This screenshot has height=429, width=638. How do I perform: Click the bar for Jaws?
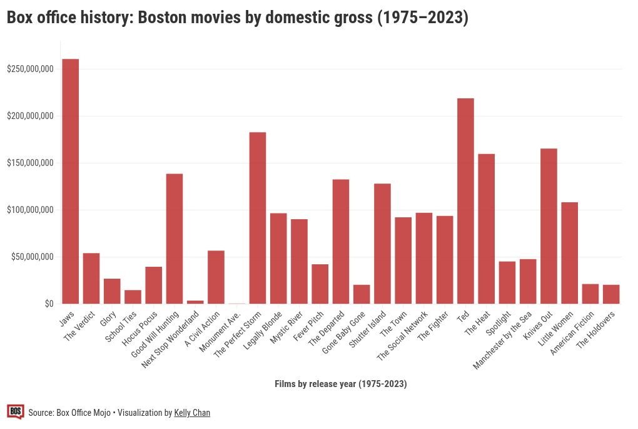pyautogui.click(x=70, y=182)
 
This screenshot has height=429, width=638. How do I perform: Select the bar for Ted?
pyautogui.click(x=465, y=201)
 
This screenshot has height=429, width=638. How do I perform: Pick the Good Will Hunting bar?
pyautogui.click(x=175, y=239)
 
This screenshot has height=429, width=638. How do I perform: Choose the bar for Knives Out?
pyautogui.click(x=549, y=226)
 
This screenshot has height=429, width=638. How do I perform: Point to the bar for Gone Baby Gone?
pyautogui.click(x=362, y=294)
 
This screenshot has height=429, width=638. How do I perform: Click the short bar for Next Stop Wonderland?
pyautogui.click(x=195, y=302)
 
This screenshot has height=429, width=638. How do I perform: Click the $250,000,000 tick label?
pyautogui.click(x=30, y=69)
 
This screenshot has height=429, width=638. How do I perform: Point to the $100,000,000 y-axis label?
pyautogui.click(x=30, y=210)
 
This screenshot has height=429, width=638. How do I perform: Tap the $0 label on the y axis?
pyautogui.click(x=49, y=304)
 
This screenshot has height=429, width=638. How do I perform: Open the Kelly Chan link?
pyautogui.click(x=192, y=413)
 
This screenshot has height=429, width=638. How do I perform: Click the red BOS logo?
pyautogui.click(x=16, y=411)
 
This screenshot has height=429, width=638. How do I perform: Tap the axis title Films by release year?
pyautogui.click(x=340, y=384)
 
